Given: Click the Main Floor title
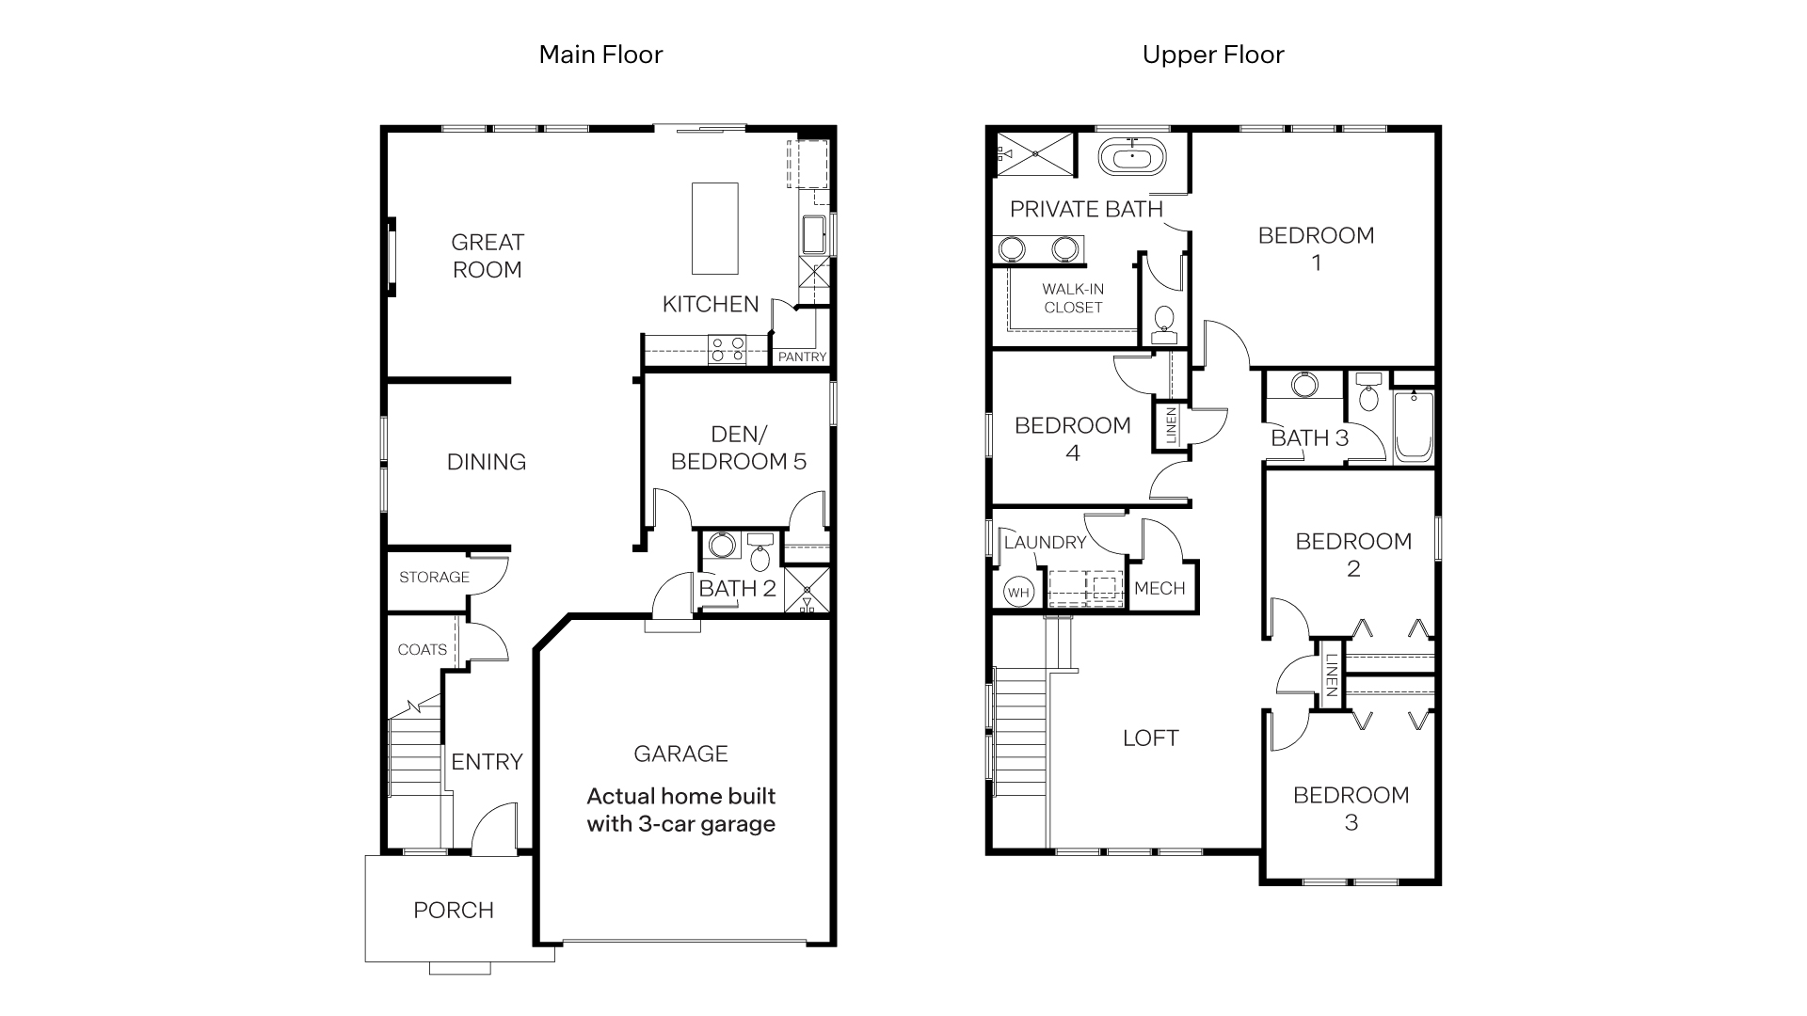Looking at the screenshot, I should pos(600,55).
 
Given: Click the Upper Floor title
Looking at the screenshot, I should pos(1212,55).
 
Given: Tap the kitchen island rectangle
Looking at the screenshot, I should pos(714,229).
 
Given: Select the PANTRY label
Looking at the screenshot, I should pos(802,357).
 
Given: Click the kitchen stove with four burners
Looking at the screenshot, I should pos(728,349).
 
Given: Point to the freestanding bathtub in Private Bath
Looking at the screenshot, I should pos(1131,156).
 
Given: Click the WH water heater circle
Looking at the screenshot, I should pos(1017,592).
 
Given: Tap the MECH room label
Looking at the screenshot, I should pos(1159,589).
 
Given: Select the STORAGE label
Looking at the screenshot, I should pos(434,577).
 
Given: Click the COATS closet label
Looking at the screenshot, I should pos(422,649).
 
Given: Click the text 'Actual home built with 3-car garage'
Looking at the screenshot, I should pos(680,810).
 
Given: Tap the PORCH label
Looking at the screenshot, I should pos(453,910).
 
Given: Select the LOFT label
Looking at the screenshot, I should pos(1150,738).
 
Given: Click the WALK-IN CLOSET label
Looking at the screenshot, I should pos(1073,298).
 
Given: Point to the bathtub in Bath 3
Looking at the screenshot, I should pos(1413,428).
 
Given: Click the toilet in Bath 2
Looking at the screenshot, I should pos(760,555).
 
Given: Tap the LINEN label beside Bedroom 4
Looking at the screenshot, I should pos(1171,425).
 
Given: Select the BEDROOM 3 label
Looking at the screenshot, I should pos(1351,808).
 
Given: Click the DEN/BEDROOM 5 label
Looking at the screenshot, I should pos(739,448).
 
